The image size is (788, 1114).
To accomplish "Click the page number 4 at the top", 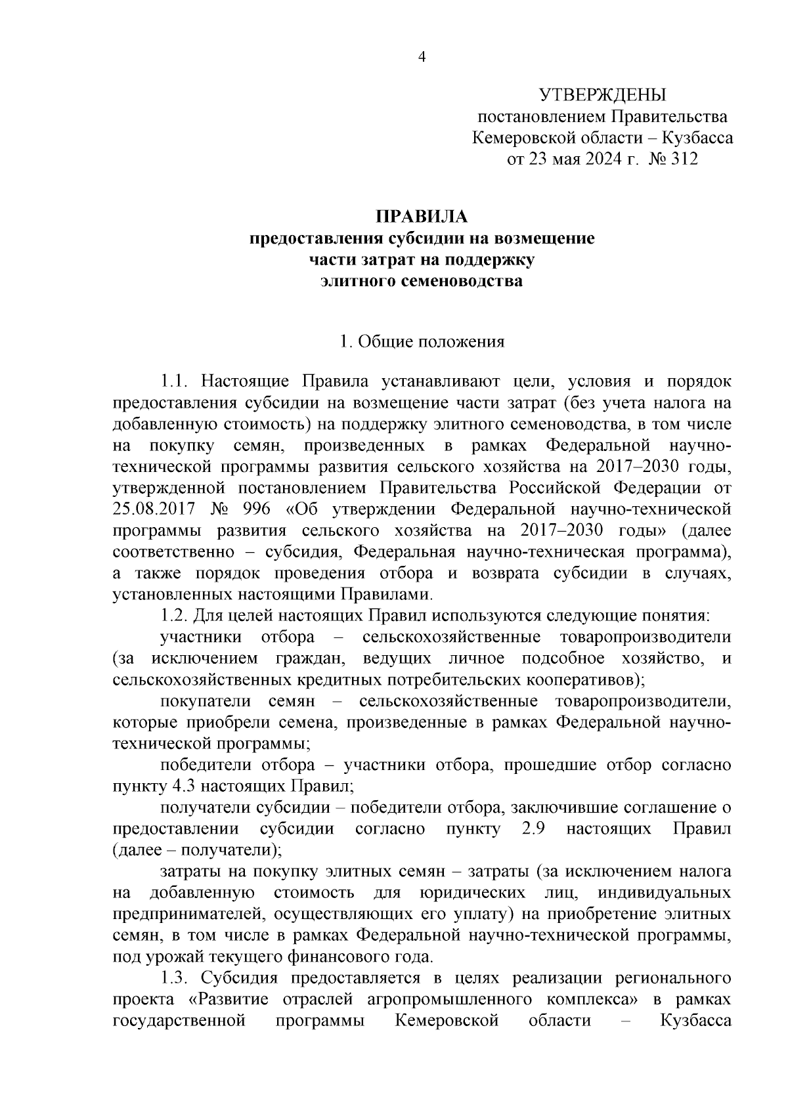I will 422,57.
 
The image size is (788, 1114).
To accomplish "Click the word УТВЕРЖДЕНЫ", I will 602,96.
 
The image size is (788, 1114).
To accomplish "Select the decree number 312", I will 684,160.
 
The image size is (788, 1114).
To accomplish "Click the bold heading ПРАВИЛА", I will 422,217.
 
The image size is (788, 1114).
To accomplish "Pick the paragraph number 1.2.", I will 175,616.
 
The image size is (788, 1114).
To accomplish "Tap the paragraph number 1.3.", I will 175,977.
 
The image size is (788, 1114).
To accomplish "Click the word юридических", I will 471,893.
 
